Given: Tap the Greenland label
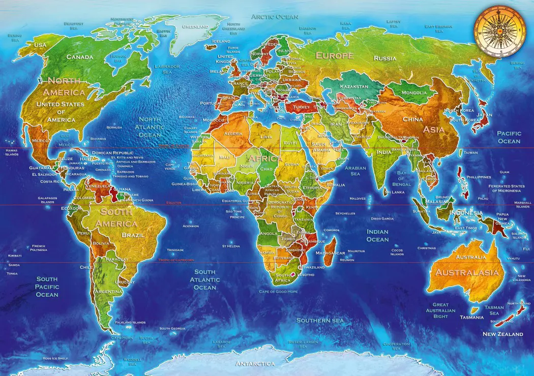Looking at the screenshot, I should (x=195, y=26).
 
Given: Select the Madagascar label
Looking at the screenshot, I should (x=330, y=253).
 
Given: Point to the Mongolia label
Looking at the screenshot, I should (x=414, y=92).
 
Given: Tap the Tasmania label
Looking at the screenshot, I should (x=471, y=317).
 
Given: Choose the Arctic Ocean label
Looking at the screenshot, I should (x=275, y=17).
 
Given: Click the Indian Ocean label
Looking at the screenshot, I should (x=377, y=235).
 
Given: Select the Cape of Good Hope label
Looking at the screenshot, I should (x=278, y=292).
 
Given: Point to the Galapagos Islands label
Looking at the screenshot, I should (x=47, y=200).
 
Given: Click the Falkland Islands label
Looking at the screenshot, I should (x=130, y=322).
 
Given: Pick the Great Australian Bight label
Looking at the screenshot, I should (x=440, y=310).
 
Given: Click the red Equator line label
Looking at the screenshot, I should (x=173, y=203).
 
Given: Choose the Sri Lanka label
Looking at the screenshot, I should (x=394, y=192).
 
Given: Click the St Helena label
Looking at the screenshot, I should (x=230, y=246).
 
